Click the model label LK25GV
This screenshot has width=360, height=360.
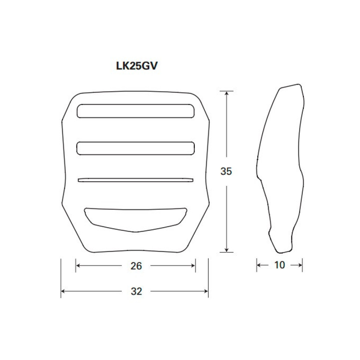(137, 66)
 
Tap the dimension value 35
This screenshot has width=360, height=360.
(226, 171)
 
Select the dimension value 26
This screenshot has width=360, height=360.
(136, 266)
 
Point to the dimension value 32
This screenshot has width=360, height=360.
(136, 291)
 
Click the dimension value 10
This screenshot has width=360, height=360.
(279, 265)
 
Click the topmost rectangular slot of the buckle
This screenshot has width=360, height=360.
(135, 111)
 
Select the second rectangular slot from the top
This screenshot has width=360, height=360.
(135, 148)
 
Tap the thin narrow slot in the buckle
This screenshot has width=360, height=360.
(135, 180)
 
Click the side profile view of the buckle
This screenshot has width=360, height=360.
(280, 169)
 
